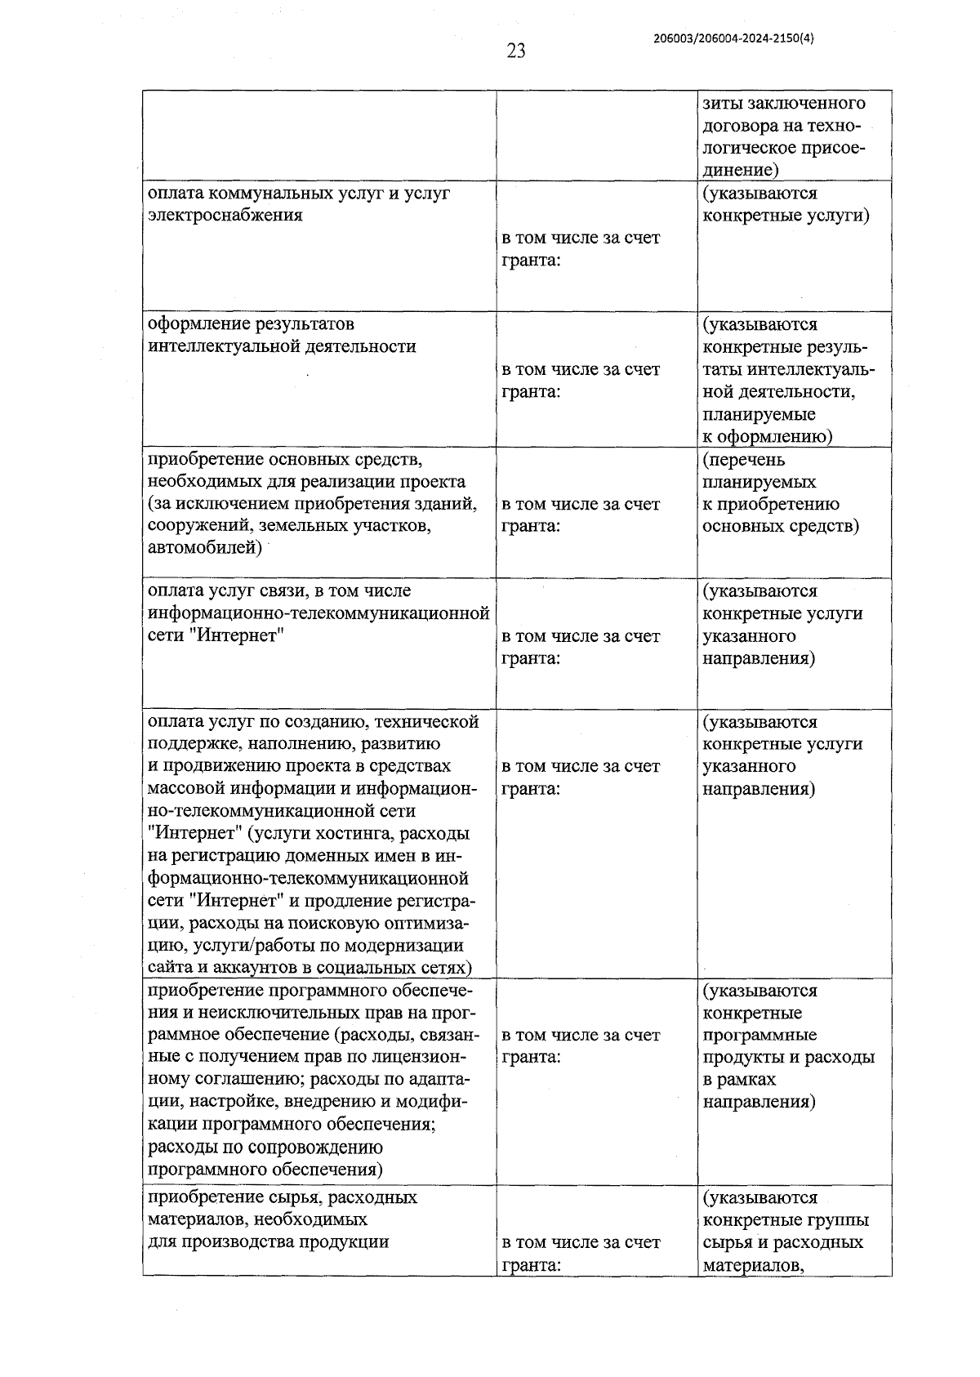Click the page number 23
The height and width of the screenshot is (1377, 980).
tap(515, 51)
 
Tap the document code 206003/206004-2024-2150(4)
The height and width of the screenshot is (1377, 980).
tap(733, 37)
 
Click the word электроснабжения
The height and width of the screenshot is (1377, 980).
tap(225, 216)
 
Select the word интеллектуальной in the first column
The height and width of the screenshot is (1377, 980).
tap(225, 347)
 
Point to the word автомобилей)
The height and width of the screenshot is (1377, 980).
tap(205, 548)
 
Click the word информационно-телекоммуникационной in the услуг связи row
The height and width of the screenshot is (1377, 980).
tap(318, 613)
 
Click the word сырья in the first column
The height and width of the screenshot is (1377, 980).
tap(288, 1198)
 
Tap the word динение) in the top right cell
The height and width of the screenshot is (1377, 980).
tap(738, 171)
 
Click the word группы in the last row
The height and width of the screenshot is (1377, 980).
tap(838, 1220)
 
